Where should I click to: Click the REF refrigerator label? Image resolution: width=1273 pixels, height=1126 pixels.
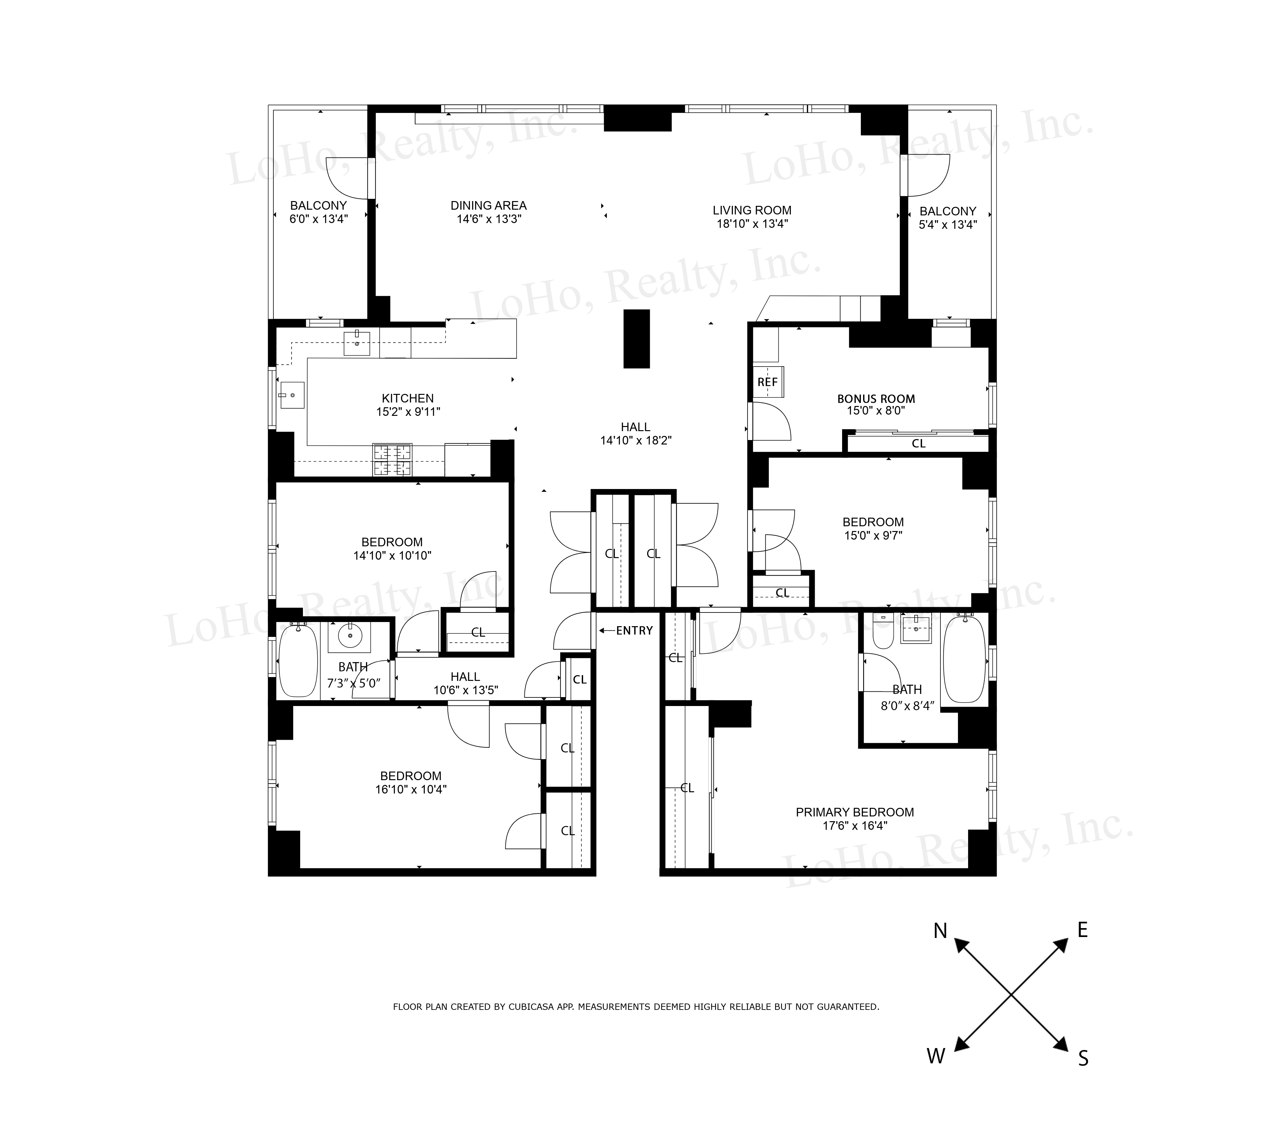click(x=767, y=382)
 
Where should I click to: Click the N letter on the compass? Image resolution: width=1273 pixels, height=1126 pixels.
click(x=940, y=931)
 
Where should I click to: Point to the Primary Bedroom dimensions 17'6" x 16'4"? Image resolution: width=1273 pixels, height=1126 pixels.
click(x=855, y=826)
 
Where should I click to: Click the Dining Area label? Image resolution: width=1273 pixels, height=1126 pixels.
click(x=488, y=206)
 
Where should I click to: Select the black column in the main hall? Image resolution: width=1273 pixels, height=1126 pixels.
click(x=636, y=339)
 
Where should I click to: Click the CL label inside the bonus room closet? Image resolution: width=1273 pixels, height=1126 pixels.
click(x=918, y=444)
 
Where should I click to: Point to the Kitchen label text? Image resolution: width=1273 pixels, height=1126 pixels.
click(x=408, y=399)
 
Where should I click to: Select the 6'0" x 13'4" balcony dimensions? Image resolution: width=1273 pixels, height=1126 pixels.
click(x=318, y=219)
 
